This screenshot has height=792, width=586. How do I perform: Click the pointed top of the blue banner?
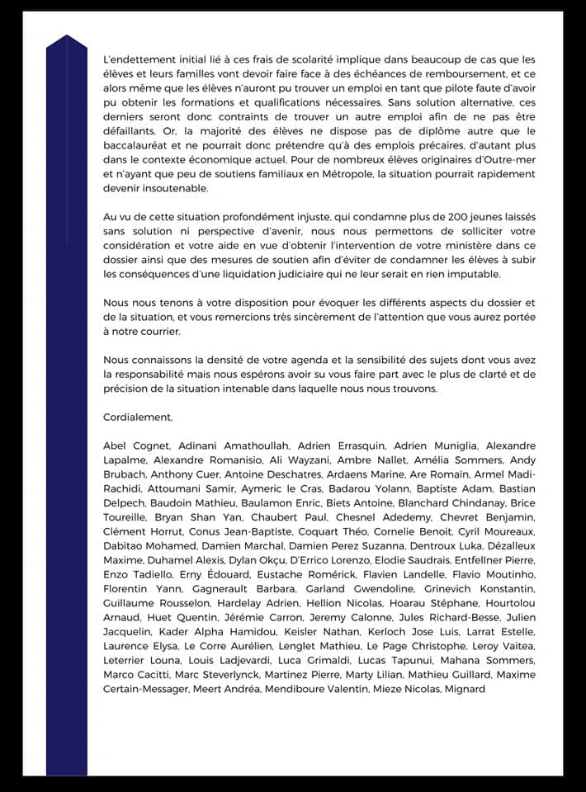coord(67,35)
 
